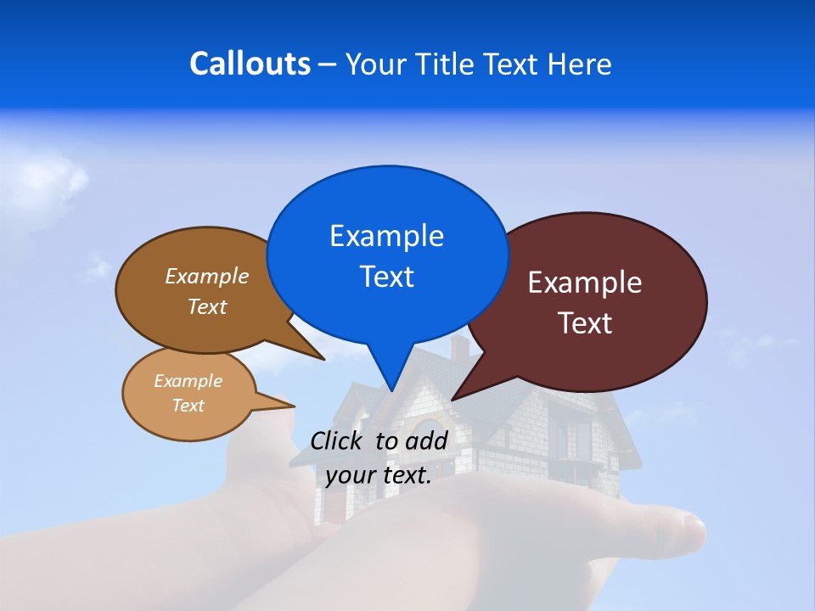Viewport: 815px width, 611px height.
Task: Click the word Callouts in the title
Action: [250, 64]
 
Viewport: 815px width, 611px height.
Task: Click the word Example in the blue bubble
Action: [386, 236]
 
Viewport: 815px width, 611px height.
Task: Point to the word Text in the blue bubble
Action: [386, 277]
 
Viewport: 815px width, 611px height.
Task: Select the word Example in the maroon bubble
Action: [585, 283]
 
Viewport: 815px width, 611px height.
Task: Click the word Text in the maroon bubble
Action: [585, 323]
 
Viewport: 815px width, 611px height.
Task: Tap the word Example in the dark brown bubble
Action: [207, 276]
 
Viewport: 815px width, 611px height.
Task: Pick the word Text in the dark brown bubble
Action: [207, 306]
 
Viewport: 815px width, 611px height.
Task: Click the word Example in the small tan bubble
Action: [188, 381]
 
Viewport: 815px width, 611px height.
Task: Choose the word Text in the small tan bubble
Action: [188, 406]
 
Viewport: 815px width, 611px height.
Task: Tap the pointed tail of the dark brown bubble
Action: [318, 356]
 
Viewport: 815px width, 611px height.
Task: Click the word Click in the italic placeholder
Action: [339, 440]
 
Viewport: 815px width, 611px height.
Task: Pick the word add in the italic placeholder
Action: [425, 440]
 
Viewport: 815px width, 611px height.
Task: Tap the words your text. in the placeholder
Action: [379, 475]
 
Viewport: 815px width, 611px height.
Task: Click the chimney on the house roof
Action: [459, 347]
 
